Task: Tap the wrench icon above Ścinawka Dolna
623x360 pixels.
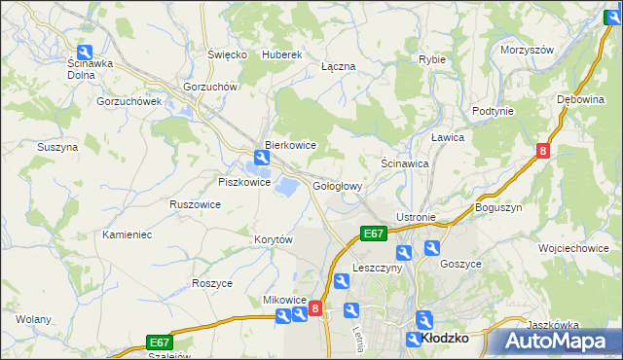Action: tap(85, 53)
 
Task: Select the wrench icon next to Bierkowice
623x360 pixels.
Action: tap(261, 157)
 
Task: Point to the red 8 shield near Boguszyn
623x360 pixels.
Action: tap(543, 151)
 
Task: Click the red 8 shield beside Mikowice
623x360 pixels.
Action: tap(314, 309)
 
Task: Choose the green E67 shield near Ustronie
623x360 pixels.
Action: tap(374, 234)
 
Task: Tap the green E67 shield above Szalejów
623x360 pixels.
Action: tap(160, 342)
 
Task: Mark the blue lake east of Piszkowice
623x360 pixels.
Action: tap(287, 185)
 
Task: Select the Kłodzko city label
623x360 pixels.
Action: tap(448, 338)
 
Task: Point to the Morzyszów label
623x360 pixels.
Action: tap(527, 50)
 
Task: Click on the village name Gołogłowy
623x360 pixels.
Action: tap(338, 186)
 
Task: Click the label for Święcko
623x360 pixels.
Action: tap(227, 54)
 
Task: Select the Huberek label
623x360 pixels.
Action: tap(283, 54)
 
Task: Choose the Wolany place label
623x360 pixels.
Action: tap(33, 319)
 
